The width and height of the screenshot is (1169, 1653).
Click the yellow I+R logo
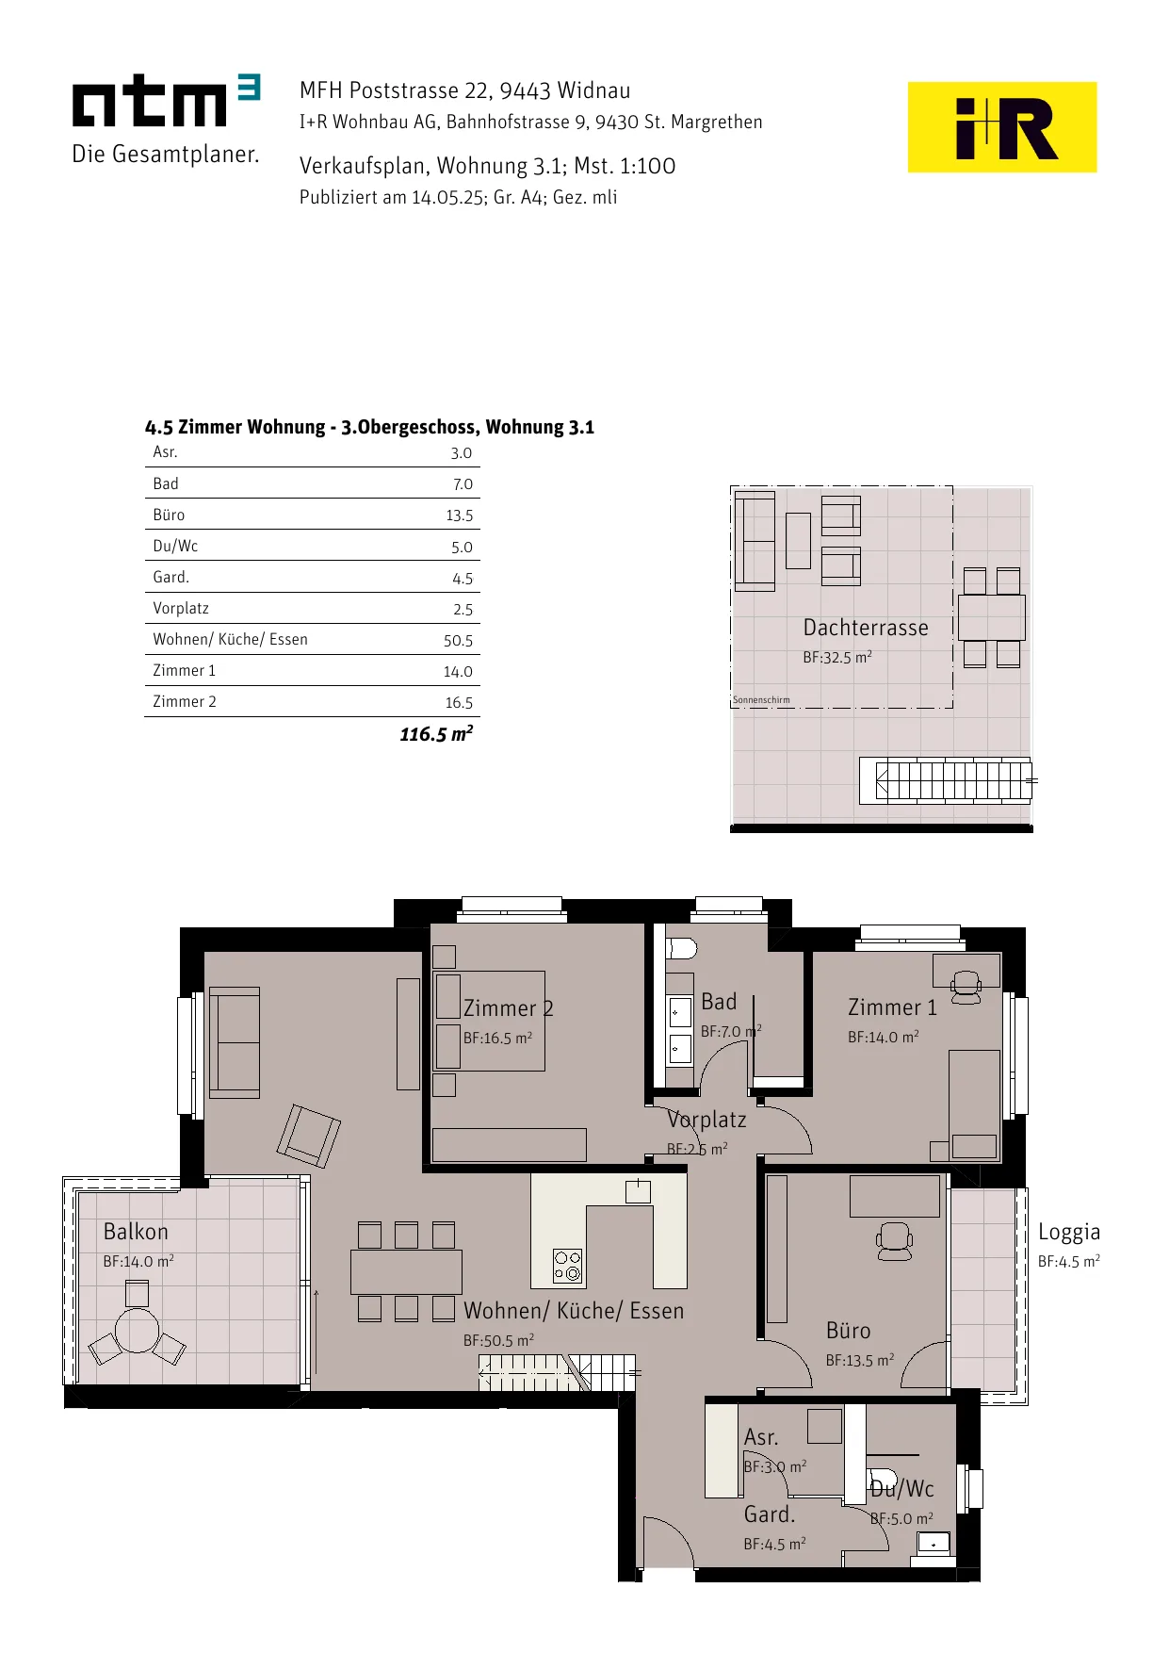[1001, 127]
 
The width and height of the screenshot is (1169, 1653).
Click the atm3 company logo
[166, 119]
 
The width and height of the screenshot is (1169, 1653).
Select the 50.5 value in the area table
[459, 641]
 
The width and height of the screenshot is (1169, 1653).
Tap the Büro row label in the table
[169, 515]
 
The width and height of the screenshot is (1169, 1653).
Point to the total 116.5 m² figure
[436, 733]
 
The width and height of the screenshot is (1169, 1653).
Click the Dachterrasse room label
[866, 628]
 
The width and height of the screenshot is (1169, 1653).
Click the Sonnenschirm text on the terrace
[761, 700]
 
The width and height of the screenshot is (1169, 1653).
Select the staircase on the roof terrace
[946, 780]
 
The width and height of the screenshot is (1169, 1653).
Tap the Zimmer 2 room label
[508, 1008]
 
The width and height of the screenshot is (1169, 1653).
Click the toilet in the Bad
[681, 948]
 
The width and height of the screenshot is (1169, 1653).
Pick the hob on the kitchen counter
[567, 1266]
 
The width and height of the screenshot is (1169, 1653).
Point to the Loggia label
[1069, 1232]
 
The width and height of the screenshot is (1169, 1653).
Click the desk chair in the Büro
[894, 1241]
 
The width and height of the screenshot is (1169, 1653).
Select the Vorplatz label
[706, 1120]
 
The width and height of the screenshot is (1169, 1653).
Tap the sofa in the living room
[235, 1042]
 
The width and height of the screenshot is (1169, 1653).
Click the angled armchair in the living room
[308, 1136]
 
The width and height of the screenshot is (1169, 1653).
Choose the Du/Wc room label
[901, 1489]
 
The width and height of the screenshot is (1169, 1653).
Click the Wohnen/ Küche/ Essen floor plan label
[574, 1311]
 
